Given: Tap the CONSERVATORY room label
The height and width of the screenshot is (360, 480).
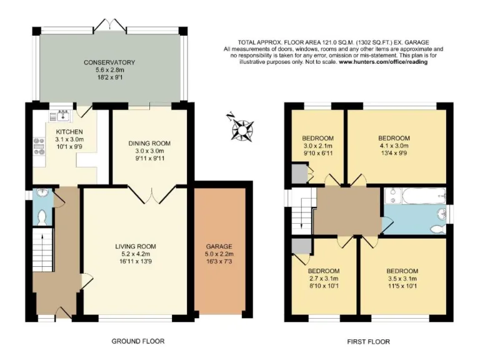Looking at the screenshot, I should [110, 62].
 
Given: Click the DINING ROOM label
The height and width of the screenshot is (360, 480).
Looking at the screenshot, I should [149, 143].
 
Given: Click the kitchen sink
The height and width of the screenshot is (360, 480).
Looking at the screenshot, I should [63, 113].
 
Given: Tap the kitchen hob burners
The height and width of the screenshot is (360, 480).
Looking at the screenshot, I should [39, 146].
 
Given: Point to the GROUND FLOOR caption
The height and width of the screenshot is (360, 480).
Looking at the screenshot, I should [137, 341].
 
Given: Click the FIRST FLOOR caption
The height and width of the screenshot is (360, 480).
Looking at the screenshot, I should [368, 341].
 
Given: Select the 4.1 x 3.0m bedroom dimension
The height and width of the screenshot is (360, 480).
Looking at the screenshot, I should [394, 146].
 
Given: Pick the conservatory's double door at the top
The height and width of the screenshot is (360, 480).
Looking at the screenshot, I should [111, 24].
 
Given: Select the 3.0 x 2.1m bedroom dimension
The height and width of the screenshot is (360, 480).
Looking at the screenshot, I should [317, 146].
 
